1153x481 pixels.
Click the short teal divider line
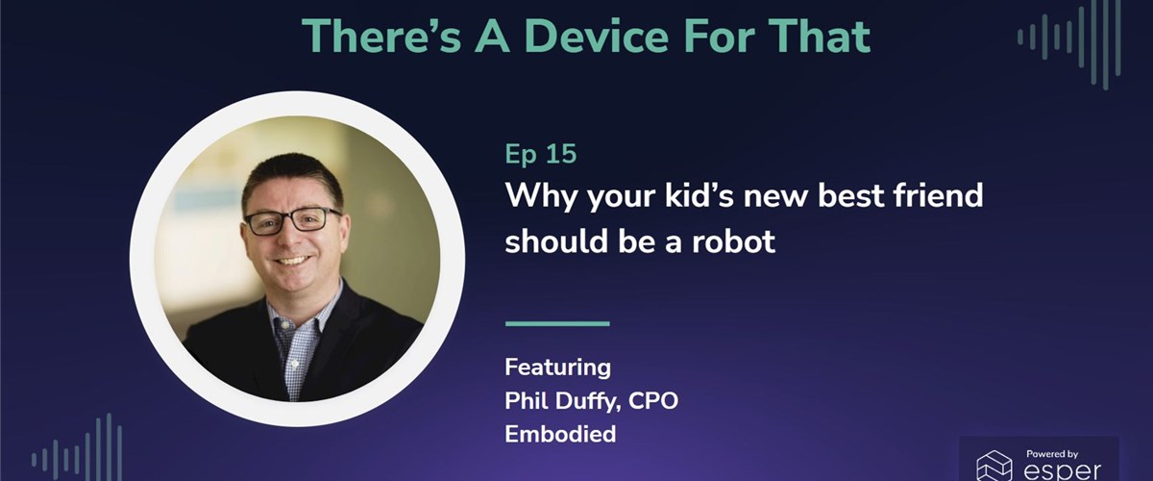pyautogui.click(x=557, y=323)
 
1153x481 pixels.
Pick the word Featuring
pyautogui.click(x=558, y=367)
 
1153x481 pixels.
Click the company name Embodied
pyautogui.click(x=560, y=434)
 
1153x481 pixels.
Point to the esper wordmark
pyautogui.click(x=1063, y=469)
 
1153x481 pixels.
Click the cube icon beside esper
pyautogui.click(x=995, y=466)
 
